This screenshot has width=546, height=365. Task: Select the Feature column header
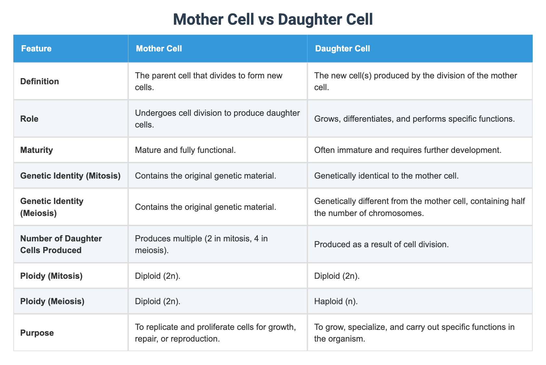coord(36,49)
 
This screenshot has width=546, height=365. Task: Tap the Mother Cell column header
coord(159,49)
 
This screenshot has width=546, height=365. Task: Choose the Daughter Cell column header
coord(343,49)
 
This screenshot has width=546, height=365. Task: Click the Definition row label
coord(40,81)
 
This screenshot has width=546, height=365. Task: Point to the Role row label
coord(29,119)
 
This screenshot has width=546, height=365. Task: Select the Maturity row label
coord(36,150)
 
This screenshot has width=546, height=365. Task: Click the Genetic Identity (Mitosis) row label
coord(70,176)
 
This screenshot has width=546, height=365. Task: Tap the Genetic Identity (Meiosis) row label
coord(52,207)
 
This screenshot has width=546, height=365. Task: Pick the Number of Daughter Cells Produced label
coord(61,244)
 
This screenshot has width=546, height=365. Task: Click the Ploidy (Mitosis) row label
coord(51,276)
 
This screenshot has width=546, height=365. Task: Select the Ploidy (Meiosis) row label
coord(52,301)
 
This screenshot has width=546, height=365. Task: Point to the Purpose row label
coord(37,333)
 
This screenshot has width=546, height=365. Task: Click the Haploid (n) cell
coord(336,301)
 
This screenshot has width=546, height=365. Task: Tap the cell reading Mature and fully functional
coord(185,150)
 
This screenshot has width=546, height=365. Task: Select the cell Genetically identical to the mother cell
coord(382,176)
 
